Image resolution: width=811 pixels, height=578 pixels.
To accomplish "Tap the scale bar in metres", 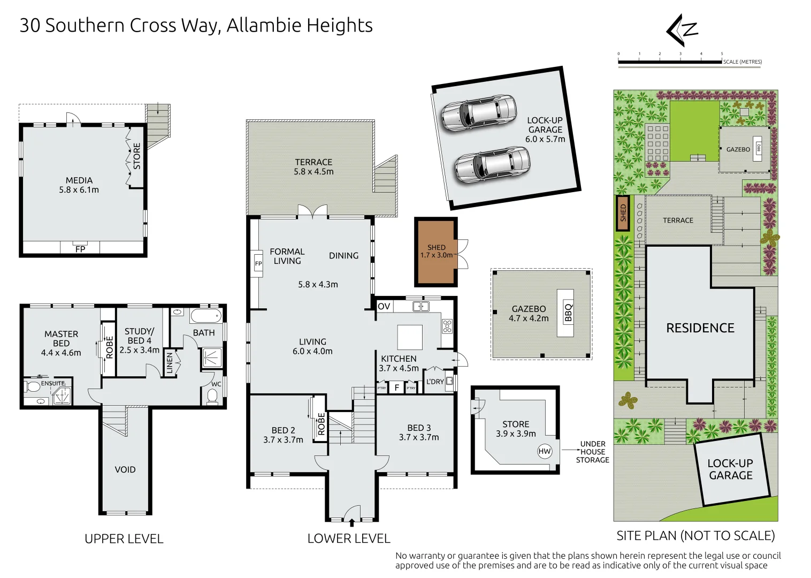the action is tap(670, 62).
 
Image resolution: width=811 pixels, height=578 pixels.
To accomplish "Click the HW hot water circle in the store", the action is tap(544, 451).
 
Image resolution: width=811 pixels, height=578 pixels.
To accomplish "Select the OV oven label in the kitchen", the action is tap(384, 306).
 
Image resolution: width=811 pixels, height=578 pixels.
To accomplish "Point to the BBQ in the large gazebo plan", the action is tap(565, 313).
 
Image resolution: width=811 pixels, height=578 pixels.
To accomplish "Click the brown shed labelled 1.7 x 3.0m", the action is tap(436, 252).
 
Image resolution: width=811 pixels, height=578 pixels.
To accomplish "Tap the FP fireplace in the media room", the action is tap(80, 248).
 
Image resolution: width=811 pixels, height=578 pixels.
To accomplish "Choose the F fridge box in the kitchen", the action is tap(397, 387).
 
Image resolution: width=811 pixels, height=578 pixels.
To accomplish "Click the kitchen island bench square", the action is tap(410, 337).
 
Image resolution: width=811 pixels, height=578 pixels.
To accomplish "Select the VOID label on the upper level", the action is tap(125, 470).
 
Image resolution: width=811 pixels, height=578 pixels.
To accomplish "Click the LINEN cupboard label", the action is tap(170, 363).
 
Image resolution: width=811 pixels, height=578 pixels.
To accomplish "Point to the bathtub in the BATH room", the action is tap(205, 316).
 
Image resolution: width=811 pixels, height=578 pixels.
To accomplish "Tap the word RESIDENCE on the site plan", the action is tap(700, 328).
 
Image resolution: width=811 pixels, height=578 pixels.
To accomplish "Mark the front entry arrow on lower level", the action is tap(351, 522).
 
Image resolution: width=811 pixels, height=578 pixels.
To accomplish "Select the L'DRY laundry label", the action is tap(435, 382).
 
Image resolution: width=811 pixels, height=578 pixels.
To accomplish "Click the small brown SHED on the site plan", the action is tap(623, 213).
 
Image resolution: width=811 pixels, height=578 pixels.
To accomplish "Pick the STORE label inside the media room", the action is tap(137, 156).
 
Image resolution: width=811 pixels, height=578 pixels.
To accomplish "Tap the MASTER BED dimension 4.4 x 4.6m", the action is tap(61, 353).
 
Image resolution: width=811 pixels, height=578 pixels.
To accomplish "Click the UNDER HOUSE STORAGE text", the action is tap(593, 452).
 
